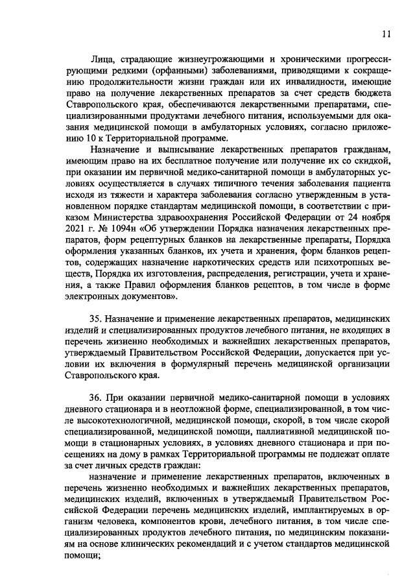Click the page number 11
click(x=386, y=33)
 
